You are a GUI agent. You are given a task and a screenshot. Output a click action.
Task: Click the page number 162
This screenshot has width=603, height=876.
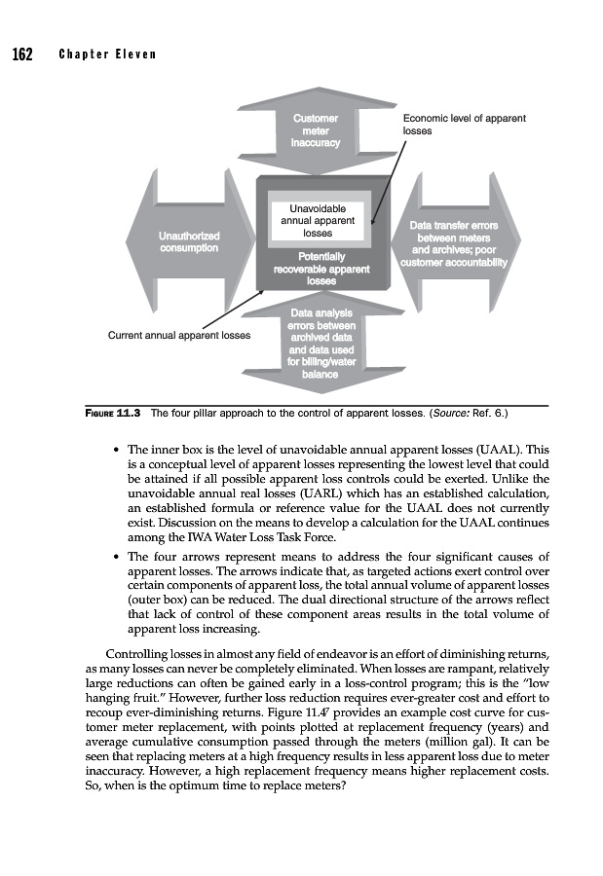(22, 53)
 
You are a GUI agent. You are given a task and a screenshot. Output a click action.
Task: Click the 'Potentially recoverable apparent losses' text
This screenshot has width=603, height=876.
(321, 268)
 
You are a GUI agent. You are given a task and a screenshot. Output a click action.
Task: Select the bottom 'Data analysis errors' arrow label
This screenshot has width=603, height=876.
(322, 343)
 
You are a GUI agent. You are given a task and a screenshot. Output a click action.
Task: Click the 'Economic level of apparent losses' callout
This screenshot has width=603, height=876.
(464, 124)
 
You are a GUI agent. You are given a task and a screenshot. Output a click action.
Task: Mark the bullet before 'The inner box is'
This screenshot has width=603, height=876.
(117, 451)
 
